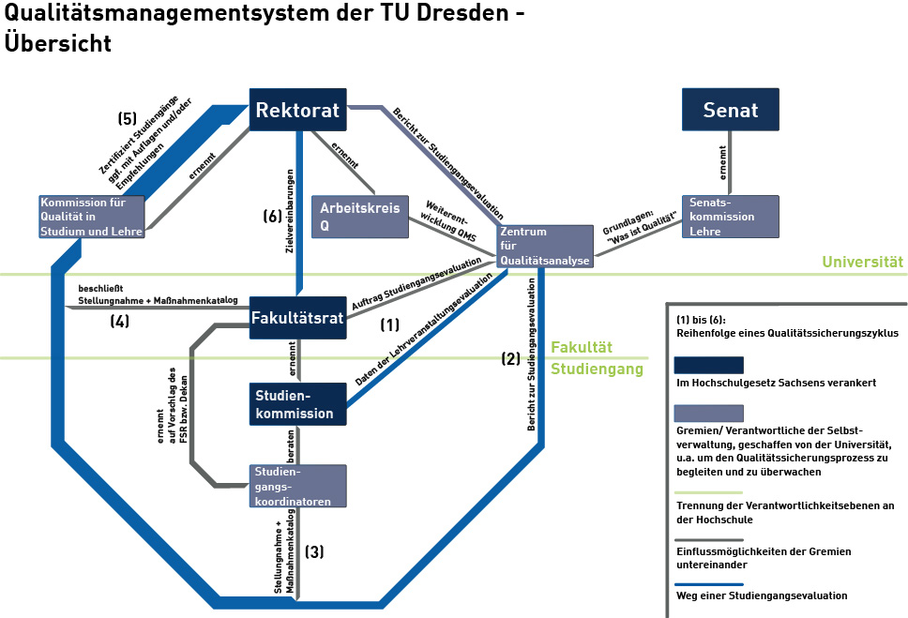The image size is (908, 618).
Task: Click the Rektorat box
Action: pyautogui.click(x=297, y=111)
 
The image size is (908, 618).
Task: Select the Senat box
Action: pyautogui.click(x=730, y=110)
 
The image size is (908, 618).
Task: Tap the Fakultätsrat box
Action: pyautogui.click(x=297, y=318)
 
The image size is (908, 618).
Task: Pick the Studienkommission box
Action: pyautogui.click(x=297, y=403)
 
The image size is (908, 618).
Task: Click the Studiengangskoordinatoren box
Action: pyautogui.click(x=297, y=486)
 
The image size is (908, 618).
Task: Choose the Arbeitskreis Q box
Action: pyautogui.click(x=359, y=217)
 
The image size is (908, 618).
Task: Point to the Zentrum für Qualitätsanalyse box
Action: pyautogui.click(x=545, y=247)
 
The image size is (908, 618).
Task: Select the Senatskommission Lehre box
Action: pyautogui.click(x=731, y=217)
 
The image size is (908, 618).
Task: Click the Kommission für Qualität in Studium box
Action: pyautogui.click(x=92, y=217)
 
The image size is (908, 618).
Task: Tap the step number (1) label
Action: pyautogui.click(x=390, y=325)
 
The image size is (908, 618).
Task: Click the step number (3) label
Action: pyautogui.click(x=314, y=552)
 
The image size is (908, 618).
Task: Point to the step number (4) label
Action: pyautogui.click(x=119, y=322)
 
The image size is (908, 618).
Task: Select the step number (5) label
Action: pyautogui.click(x=128, y=119)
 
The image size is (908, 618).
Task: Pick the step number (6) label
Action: pyautogui.click(x=273, y=216)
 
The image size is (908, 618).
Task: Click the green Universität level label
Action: pyautogui.click(x=863, y=263)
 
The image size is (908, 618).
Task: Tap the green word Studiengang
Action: pyautogui.click(x=598, y=369)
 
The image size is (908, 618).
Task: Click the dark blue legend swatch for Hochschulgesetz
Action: pyautogui.click(x=709, y=365)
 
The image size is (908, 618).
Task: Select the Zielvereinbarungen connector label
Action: pyautogui.click(x=290, y=215)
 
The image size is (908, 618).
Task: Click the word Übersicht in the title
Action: pyautogui.click(x=58, y=43)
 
